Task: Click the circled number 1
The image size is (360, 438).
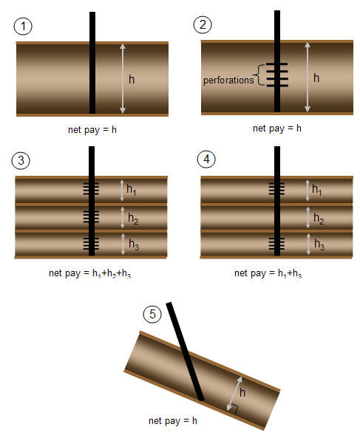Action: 23,27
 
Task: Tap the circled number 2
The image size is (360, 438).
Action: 203,25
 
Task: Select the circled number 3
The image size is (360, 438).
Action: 21,160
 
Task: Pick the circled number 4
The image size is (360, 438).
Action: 206,160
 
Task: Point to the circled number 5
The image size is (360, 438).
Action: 152,314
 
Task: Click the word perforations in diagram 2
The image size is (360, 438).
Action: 228,81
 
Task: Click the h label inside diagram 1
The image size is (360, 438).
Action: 132,80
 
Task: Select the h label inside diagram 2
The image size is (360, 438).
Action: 316,78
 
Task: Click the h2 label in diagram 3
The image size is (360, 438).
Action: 133,219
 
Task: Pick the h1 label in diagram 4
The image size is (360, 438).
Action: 317,190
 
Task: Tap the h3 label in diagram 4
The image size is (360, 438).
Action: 319,244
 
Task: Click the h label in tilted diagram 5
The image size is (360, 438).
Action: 242,393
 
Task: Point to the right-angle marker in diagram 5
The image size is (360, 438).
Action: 234,409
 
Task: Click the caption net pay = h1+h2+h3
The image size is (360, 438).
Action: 89,273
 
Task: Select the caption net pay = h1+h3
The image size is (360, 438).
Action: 268,273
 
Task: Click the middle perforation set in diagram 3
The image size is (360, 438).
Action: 92,217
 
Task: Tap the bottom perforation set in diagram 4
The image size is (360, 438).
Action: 276,243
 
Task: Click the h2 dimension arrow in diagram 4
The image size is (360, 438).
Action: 308,218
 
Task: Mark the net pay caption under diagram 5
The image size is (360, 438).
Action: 173,421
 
